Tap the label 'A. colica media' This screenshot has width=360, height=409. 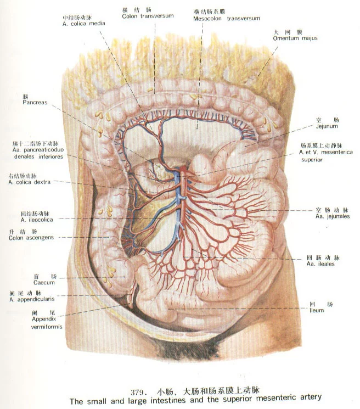[x=84, y=24]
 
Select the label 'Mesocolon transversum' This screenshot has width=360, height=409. [x=227, y=19]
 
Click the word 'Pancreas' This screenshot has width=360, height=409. [x=35, y=103]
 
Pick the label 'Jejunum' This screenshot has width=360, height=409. [x=327, y=126]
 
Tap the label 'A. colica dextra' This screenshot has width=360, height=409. [x=30, y=182]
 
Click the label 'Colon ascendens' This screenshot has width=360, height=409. [x=31, y=238]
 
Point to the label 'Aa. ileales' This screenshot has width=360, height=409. [x=320, y=264]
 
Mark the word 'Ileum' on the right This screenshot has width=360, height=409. [x=317, y=311]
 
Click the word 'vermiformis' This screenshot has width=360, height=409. [x=47, y=327]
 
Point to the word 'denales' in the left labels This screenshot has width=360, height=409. [x=20, y=157]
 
